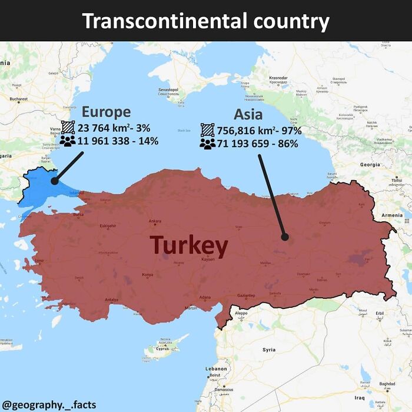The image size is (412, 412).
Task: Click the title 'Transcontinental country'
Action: point(205,21)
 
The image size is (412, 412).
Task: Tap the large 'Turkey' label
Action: point(188,246)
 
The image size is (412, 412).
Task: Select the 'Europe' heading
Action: point(106,112)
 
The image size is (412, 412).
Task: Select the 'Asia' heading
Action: point(248,114)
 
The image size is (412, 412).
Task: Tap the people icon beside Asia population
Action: point(207,144)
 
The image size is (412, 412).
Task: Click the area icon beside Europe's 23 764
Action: point(68,128)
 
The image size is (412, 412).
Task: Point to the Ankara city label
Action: point(155,221)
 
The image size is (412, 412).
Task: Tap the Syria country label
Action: point(269,350)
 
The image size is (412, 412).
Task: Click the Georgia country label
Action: point(370,165)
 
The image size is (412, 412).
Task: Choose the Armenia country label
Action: point(392,215)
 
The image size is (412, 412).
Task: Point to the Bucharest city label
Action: point(18,99)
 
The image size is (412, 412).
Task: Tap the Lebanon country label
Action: point(215,368)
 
